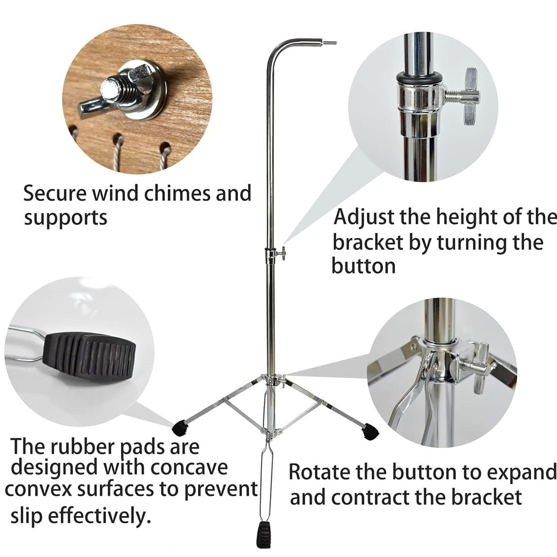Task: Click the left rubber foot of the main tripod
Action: pos(180,428)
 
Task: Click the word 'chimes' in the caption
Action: pos(175,194)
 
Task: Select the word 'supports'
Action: pos(66,218)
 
